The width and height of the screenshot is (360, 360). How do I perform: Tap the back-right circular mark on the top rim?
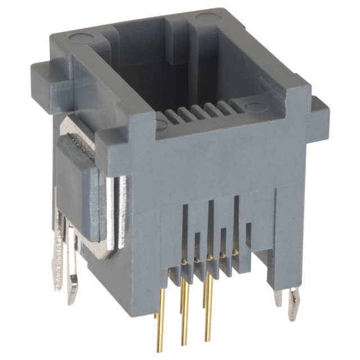204,18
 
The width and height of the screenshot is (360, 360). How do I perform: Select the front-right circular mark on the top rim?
254,106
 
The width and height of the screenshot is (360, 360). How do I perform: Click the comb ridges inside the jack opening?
194,114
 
